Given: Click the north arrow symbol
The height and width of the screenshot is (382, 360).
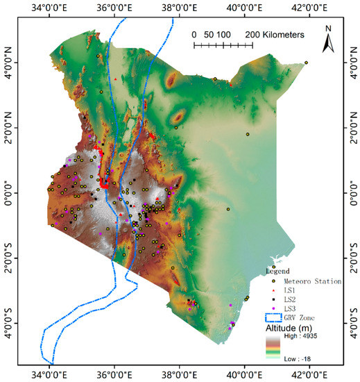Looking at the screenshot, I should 330,44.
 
